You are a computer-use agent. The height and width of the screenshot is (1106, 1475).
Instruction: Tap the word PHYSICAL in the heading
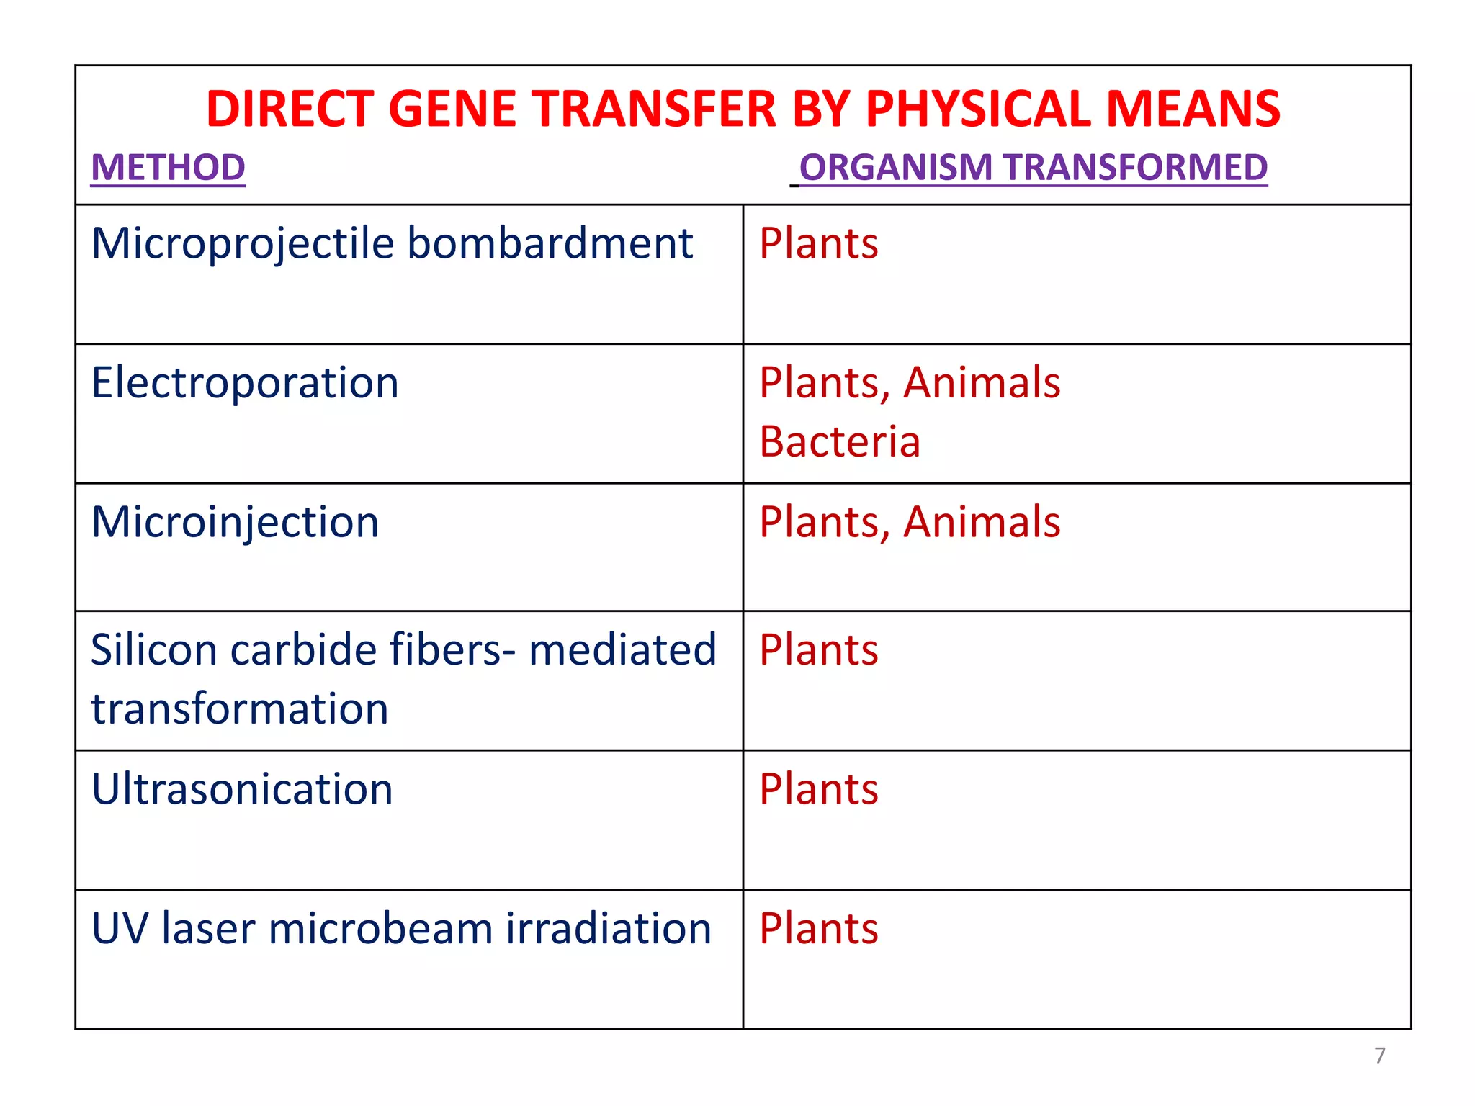pyautogui.click(x=979, y=109)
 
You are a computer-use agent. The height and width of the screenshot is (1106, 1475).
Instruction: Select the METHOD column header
pyautogui.click(x=168, y=167)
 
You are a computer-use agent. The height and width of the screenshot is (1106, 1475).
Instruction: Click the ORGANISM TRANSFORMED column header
pyautogui.click(x=1033, y=167)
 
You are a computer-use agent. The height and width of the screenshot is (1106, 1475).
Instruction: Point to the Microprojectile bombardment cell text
pyautogui.click(x=392, y=243)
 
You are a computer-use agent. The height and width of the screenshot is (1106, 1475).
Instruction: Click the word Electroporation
pyautogui.click(x=245, y=382)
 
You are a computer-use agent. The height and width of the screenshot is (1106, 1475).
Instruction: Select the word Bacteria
pyautogui.click(x=840, y=441)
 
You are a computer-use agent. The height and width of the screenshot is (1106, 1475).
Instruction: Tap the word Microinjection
pyautogui.click(x=235, y=522)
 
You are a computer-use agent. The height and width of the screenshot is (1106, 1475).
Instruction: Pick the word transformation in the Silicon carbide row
pyautogui.click(x=240, y=709)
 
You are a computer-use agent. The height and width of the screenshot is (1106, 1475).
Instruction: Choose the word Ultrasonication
pyautogui.click(x=242, y=789)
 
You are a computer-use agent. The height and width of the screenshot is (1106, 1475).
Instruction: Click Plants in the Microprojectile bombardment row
pyautogui.click(x=819, y=243)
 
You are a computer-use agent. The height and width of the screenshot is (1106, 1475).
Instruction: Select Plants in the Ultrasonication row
pyautogui.click(x=819, y=789)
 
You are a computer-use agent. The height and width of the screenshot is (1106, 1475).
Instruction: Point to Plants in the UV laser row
pyautogui.click(x=819, y=928)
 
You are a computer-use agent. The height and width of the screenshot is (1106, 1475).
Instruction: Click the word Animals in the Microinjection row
pyautogui.click(x=982, y=522)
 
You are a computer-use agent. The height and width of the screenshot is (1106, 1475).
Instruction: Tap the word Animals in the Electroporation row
pyautogui.click(x=982, y=382)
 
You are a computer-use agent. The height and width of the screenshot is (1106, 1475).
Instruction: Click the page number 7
pyautogui.click(x=1379, y=1056)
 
